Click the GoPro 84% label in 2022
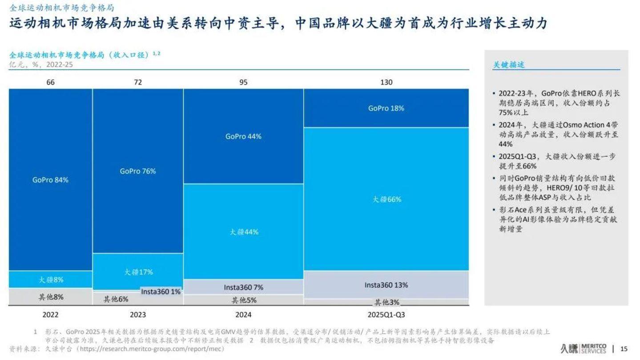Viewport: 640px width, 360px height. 50,180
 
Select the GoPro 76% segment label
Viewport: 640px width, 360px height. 138,171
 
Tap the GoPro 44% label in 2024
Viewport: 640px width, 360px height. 243,137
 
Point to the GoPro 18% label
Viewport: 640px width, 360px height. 386,108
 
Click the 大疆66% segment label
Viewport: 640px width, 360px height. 386,199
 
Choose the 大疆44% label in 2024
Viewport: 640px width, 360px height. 244,232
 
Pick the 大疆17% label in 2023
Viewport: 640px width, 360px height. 138,272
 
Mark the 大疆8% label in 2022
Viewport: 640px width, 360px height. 51,280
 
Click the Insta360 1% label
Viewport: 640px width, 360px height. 161,292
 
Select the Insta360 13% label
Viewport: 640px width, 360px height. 386,285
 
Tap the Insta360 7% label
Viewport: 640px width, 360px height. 243,287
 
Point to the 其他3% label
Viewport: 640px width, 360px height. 386,302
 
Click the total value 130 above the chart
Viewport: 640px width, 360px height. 386,82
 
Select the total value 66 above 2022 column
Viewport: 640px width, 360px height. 50,82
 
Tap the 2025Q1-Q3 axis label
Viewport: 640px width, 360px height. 386,315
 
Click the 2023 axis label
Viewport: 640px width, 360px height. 138,315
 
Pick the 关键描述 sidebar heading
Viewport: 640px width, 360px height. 509,65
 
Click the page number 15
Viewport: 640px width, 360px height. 624,348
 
